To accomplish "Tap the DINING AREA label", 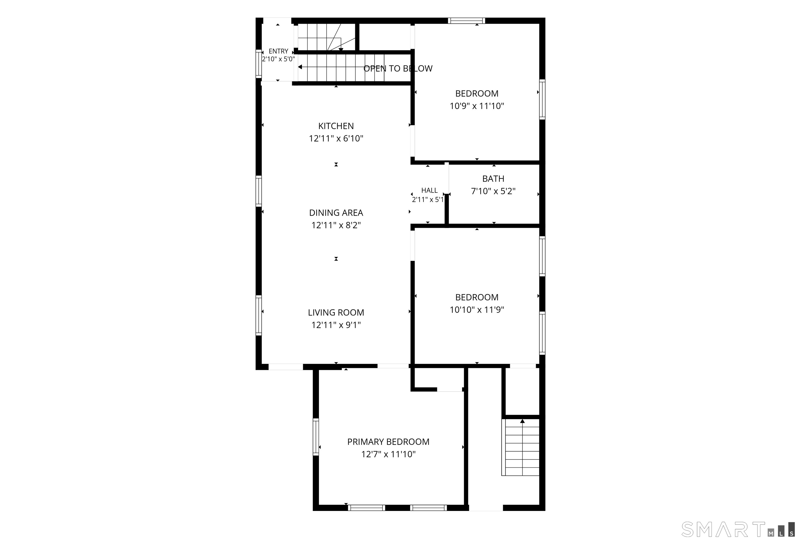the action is coord(336,213).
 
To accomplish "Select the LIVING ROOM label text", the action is coord(336,312).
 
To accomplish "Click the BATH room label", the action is coord(493,179).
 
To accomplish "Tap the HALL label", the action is coord(429,190).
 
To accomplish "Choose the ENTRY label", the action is coord(278,51).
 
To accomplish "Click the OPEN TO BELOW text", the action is coord(398,69).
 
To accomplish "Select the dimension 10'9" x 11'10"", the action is coord(477,106).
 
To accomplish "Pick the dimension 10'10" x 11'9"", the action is coord(477,310).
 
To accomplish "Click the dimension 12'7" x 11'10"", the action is coord(389,454).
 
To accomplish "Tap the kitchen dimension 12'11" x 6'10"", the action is coord(336,138).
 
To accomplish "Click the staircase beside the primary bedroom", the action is coord(520,447).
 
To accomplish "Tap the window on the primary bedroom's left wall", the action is coord(316,437).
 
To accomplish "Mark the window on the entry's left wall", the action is coord(258,64).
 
